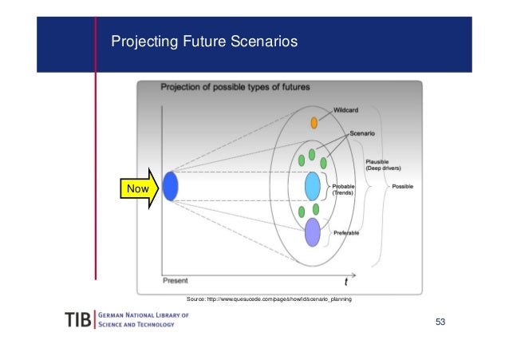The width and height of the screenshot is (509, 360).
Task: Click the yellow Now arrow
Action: point(140,189)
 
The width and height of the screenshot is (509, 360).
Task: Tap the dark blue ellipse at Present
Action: point(170,188)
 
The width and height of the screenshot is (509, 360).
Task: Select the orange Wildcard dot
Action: point(314,123)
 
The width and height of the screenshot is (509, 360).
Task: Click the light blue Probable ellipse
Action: point(313,186)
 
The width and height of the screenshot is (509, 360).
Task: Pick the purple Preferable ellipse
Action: point(313,232)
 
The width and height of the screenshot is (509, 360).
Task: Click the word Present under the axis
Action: point(176,280)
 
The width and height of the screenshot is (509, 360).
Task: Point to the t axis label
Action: point(345,281)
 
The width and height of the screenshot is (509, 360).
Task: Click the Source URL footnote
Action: point(268,298)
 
